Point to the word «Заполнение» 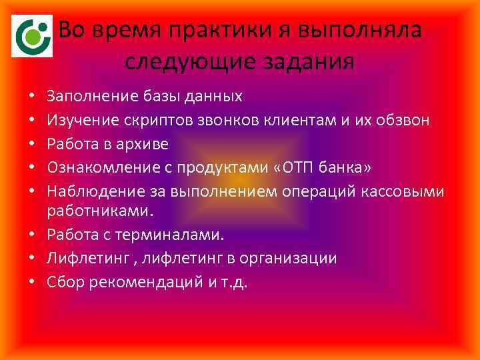pyautogui.click(x=93, y=96)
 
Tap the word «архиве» pyautogui.click(x=145, y=144)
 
